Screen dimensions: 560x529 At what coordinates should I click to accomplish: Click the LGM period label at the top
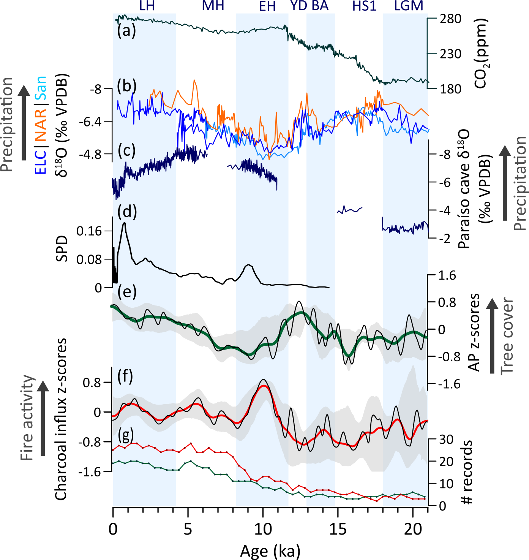point(409,6)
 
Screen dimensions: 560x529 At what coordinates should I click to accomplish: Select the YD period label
point(298,6)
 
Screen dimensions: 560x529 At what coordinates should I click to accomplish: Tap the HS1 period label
point(364,6)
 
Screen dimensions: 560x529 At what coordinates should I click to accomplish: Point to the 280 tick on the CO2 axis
point(450,19)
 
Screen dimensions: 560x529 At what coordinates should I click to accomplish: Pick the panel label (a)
point(126,31)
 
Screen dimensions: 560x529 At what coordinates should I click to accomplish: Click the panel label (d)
point(127,211)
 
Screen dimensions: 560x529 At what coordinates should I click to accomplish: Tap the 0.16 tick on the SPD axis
point(89,231)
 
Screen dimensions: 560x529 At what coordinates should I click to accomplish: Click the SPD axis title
point(62,249)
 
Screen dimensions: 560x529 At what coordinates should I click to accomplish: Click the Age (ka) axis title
point(270,551)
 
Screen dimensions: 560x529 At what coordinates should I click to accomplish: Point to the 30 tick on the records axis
point(446,440)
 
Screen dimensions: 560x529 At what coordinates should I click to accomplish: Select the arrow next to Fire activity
point(43,418)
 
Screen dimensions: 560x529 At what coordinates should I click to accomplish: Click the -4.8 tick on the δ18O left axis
point(90,155)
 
